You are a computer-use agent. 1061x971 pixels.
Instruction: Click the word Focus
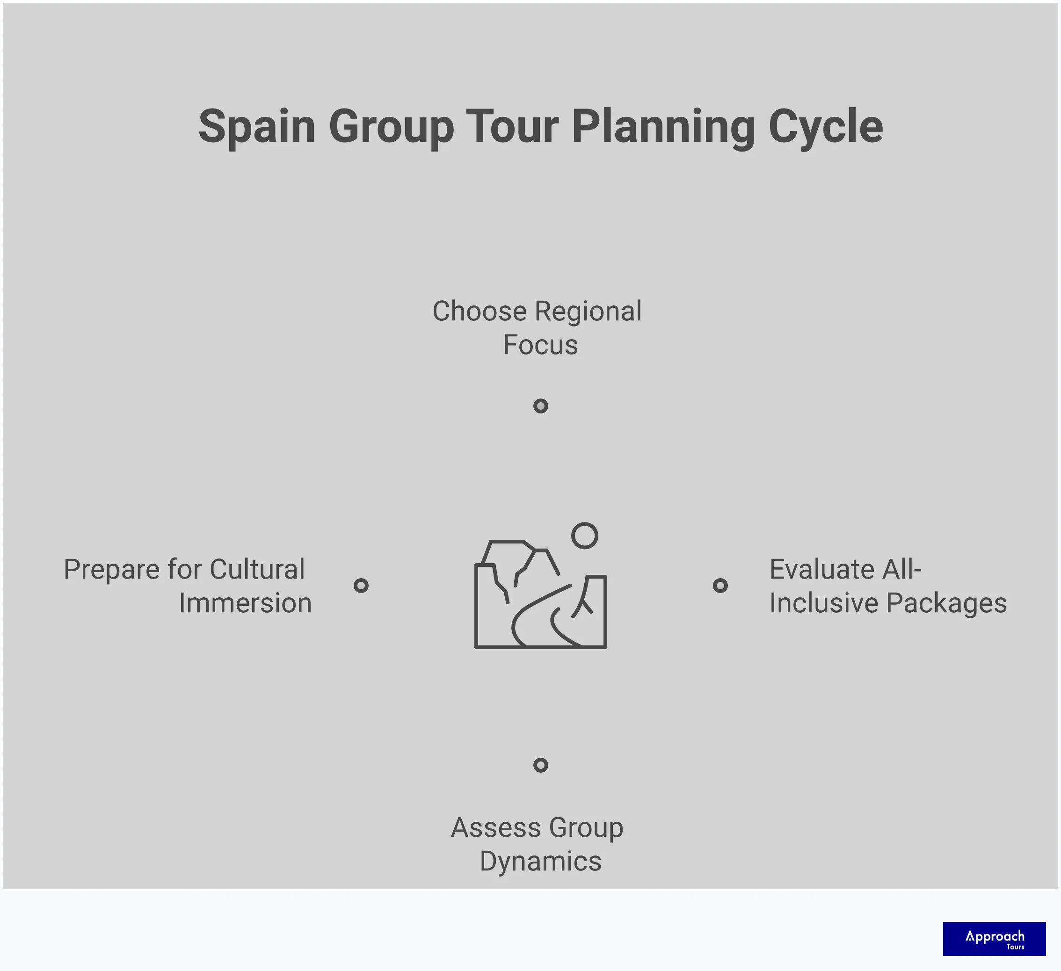540,345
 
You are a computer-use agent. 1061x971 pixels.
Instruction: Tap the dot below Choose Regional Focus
540,406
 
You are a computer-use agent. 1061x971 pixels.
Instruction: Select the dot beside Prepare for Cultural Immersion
361,585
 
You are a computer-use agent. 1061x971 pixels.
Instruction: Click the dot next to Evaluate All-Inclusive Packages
720,585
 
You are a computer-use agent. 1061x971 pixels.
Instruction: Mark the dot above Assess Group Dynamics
540,765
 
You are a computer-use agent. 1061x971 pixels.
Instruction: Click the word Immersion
245,603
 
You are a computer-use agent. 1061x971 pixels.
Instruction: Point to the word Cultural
257,569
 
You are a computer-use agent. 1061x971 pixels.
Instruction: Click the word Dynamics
540,862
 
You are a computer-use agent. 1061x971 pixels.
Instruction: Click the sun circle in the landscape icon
585,536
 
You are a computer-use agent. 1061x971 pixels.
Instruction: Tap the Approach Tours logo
994,938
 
